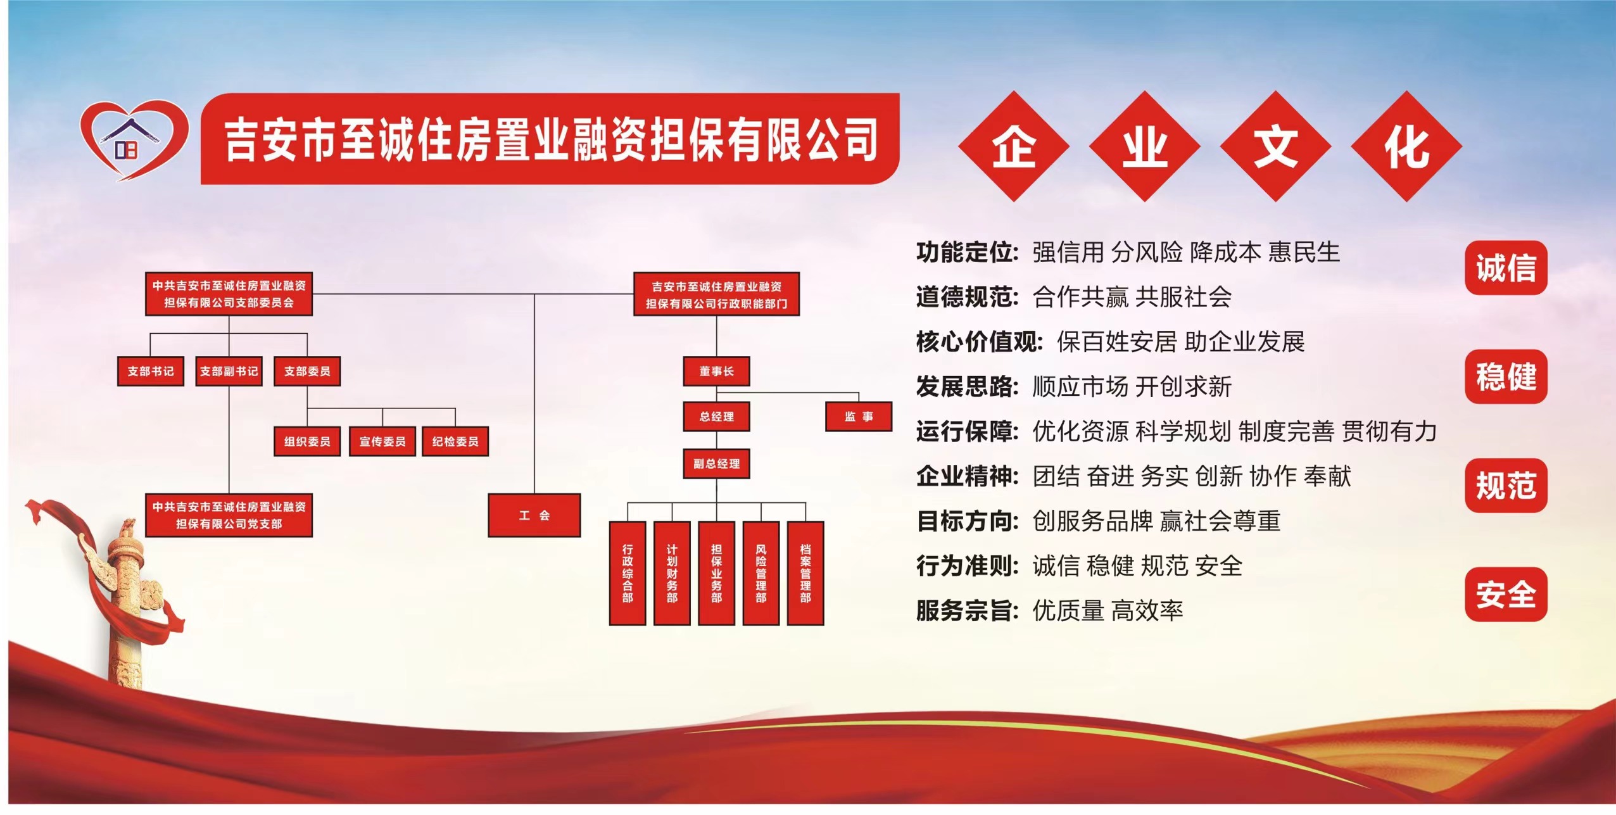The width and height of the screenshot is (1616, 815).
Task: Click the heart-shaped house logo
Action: click(x=134, y=140)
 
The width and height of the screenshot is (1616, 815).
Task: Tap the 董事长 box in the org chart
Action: click(x=716, y=371)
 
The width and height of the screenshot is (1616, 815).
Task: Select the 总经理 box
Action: click(x=716, y=417)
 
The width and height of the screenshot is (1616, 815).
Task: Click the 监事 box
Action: click(x=859, y=417)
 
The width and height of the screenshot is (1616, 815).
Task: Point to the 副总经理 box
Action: click(x=716, y=464)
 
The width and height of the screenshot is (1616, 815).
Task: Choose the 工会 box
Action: click(x=534, y=515)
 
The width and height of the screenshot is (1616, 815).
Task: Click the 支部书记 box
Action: click(x=151, y=371)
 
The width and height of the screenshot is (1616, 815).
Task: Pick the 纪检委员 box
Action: click(x=455, y=441)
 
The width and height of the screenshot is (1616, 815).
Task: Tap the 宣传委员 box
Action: click(x=382, y=441)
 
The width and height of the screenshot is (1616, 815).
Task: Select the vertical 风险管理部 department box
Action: click(x=761, y=573)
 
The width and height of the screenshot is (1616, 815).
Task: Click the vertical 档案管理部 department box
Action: click(x=805, y=573)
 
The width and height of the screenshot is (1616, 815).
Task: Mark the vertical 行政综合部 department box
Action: click(x=628, y=573)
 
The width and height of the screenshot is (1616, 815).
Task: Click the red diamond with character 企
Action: click(x=1014, y=146)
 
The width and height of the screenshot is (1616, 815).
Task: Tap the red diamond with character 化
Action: click(x=1406, y=146)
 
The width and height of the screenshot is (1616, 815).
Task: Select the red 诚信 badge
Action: click(x=1506, y=268)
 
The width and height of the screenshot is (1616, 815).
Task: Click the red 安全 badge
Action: click(x=1506, y=595)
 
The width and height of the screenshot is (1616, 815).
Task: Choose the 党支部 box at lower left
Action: click(x=229, y=515)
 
